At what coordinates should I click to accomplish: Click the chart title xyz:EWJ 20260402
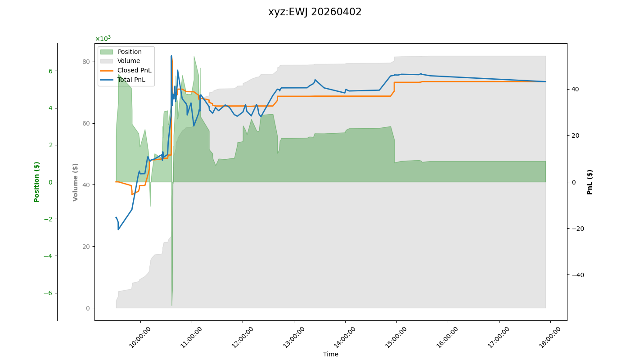tap(315, 12)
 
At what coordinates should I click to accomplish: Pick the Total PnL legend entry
tap(131, 80)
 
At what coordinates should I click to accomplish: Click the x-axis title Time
tap(330, 354)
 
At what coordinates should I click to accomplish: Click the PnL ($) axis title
tap(589, 182)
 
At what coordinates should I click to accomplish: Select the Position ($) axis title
tap(37, 182)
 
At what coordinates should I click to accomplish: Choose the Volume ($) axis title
tap(75, 182)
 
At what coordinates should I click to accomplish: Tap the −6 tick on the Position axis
tap(47, 293)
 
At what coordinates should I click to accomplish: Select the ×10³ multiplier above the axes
tap(103, 39)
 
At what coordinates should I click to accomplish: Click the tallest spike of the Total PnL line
tap(171, 56)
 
